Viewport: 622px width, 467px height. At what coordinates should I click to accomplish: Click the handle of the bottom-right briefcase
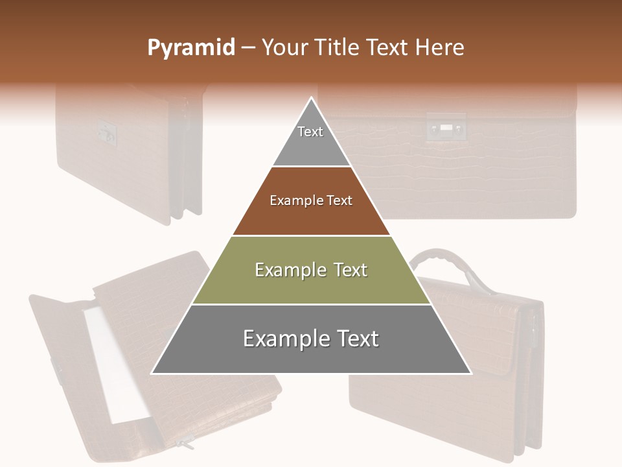(448, 259)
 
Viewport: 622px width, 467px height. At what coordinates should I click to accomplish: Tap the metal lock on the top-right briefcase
(446, 128)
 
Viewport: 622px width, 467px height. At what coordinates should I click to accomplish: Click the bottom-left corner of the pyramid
(152, 373)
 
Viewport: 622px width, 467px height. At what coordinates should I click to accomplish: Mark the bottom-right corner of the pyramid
(470, 373)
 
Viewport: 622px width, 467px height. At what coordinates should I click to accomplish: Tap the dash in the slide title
(248, 48)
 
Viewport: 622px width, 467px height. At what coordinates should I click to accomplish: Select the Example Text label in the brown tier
(311, 200)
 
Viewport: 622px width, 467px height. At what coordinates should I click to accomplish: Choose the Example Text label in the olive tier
(311, 270)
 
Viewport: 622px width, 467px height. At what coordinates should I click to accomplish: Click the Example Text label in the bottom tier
(311, 339)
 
